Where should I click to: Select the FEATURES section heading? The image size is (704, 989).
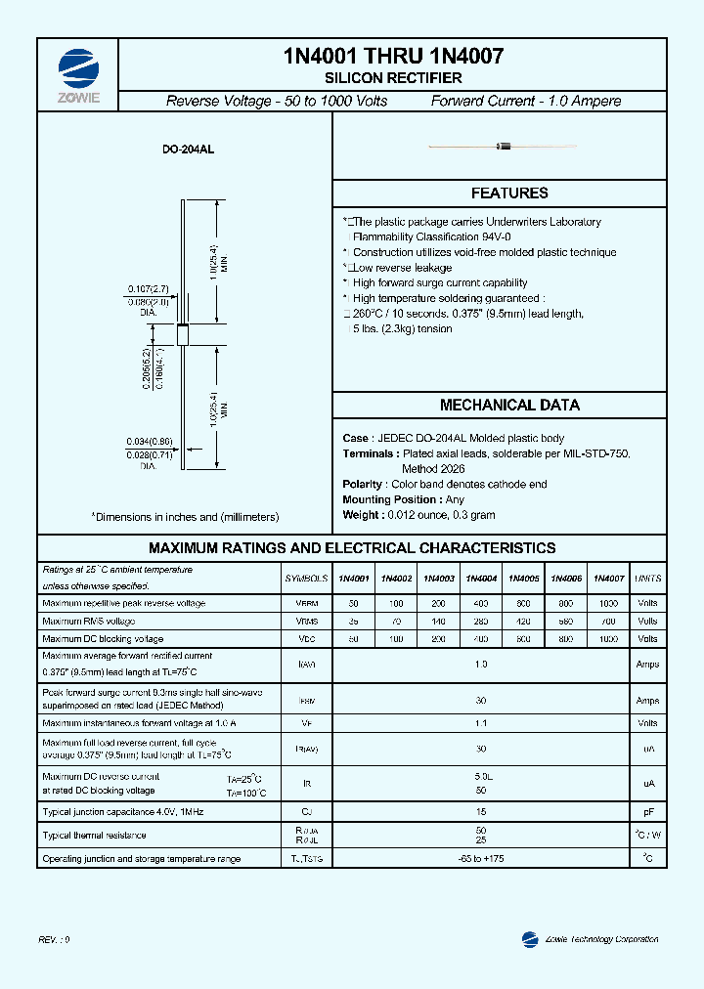tap(508, 193)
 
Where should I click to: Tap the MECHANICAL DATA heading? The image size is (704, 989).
tap(508, 405)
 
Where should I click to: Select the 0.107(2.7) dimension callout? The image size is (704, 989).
tap(149, 289)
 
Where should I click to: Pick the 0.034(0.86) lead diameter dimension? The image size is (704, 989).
tap(149, 442)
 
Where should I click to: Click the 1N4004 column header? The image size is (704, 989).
tap(481, 579)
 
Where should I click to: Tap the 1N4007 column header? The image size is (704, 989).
tap(608, 579)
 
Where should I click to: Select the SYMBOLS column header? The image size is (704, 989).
tap(306, 579)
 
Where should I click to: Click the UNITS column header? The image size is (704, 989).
tap(647, 579)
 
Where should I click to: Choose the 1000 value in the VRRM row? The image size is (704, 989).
tap(608, 603)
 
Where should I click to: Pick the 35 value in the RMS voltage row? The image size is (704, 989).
tap(353, 621)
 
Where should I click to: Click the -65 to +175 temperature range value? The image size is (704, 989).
tap(480, 859)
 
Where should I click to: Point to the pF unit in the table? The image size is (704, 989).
tap(647, 812)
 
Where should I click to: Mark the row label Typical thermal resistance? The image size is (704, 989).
tap(95, 836)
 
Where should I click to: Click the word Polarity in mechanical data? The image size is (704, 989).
tap(363, 484)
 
